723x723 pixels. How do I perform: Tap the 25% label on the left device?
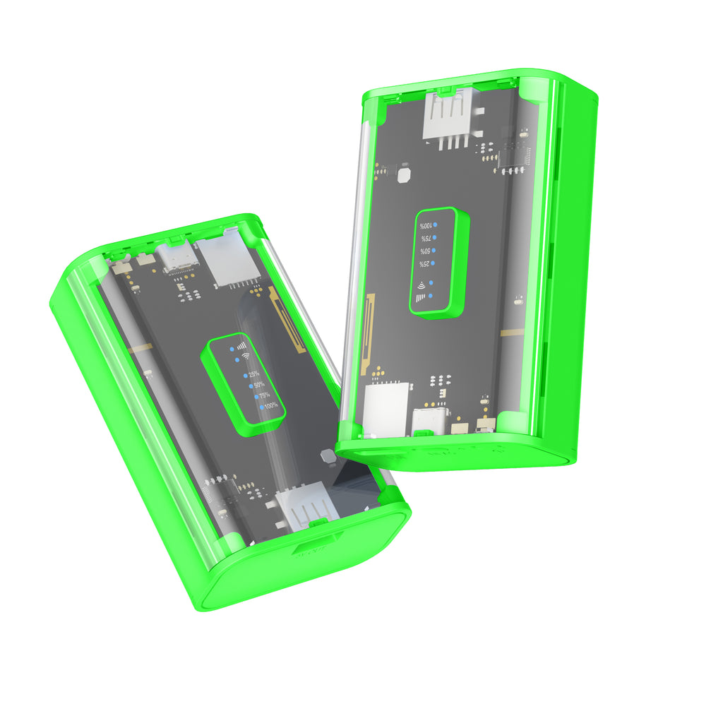(x=253, y=374)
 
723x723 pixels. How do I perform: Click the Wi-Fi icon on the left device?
(x=245, y=357)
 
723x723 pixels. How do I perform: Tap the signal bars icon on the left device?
(x=242, y=346)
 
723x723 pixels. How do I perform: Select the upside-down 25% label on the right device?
(x=424, y=264)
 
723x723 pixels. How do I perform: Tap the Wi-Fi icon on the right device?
(x=422, y=285)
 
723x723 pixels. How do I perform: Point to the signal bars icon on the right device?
(x=422, y=298)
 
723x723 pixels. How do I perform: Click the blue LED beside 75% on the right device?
(x=434, y=238)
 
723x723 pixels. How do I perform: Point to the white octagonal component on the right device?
(x=404, y=174)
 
